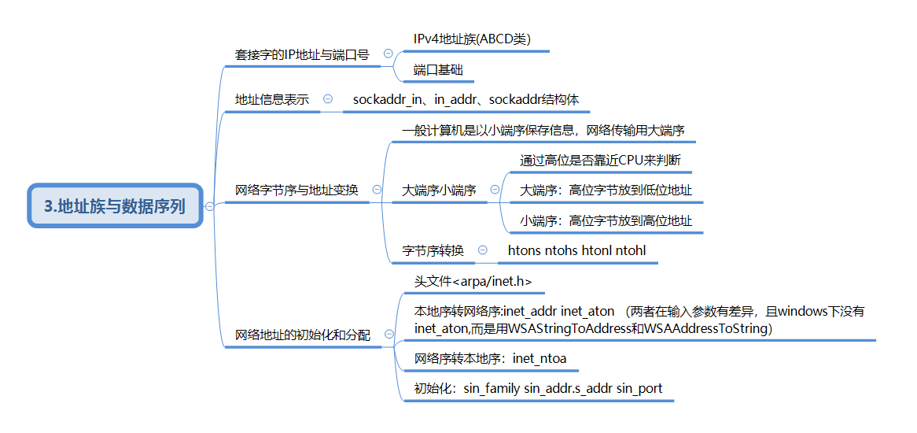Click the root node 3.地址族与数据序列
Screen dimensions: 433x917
click(115, 206)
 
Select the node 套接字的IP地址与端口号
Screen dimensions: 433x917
click(302, 55)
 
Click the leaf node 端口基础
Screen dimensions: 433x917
click(438, 69)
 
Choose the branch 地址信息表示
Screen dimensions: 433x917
click(272, 100)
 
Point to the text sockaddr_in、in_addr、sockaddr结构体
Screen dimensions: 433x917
click(466, 100)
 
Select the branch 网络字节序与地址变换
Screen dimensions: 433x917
click(296, 190)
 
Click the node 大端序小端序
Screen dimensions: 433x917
click(439, 190)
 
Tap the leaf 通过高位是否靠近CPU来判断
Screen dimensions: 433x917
click(600, 161)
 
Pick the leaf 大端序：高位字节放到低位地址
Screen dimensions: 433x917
click(606, 191)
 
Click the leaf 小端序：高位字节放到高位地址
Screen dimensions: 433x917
click(606, 221)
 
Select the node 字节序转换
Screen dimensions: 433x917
click(433, 251)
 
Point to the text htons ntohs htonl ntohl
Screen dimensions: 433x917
click(577, 251)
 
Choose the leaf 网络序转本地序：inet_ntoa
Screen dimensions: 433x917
click(491, 359)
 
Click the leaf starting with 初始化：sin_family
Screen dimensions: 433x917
click(538, 388)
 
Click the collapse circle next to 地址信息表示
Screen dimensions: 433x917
click(328, 99)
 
